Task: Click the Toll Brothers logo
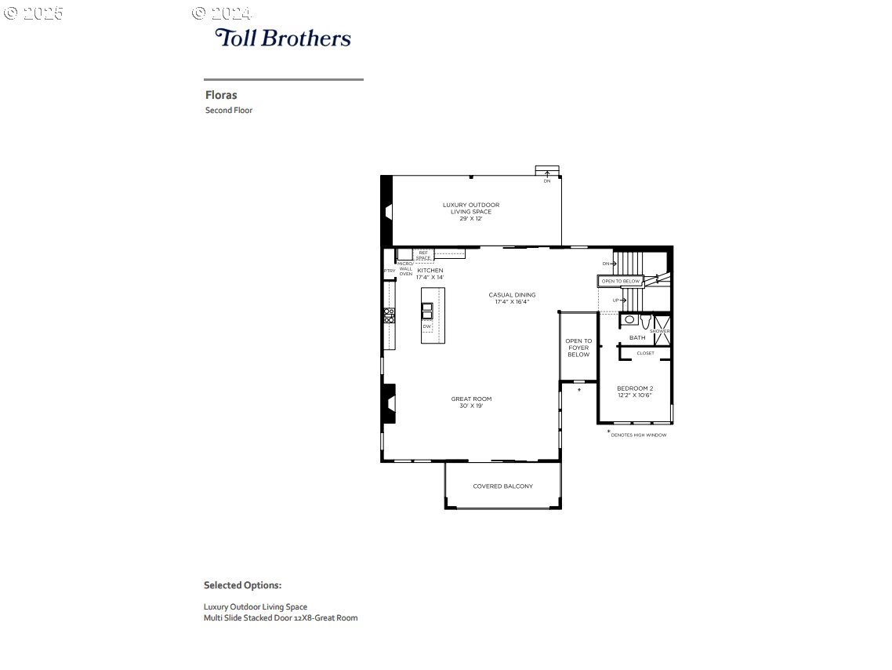[283, 38]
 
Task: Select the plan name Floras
[221, 95]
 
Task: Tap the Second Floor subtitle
[229, 111]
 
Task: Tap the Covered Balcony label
[502, 486]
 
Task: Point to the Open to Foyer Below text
[578, 348]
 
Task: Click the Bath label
[637, 337]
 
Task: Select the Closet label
[645, 353]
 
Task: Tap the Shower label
[660, 331]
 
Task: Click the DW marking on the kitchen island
[427, 326]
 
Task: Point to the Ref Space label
[423, 255]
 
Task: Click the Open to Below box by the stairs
[621, 281]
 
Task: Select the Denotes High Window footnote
[638, 435]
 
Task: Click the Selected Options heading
[242, 585]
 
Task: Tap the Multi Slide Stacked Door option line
[281, 618]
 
